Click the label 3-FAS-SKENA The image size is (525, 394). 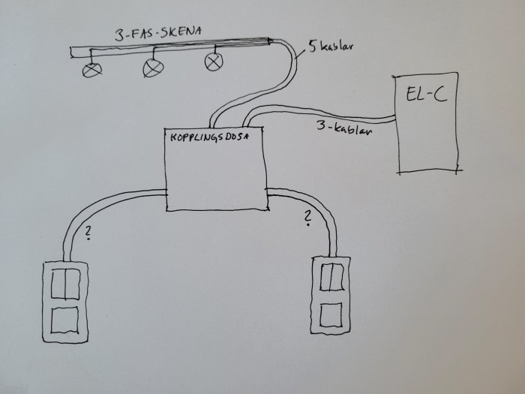coord(158,34)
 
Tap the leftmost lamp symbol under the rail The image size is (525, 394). coord(92,70)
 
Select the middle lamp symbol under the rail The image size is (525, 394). coord(153,68)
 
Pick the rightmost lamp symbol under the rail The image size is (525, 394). coord(214,62)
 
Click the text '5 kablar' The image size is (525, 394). coord(331,47)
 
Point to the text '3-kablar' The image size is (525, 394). coord(344,128)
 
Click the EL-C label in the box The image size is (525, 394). coord(427,94)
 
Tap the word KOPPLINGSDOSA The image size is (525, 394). coord(210,137)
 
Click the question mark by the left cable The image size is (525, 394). coord(88,233)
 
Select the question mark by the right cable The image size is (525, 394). coord(307,218)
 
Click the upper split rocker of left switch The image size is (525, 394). coord(66,284)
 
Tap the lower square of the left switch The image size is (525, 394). coord(65,320)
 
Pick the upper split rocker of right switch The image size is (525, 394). coord(331,277)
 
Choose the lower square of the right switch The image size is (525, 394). coord(331,315)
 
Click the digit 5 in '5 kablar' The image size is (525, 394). coord(313,47)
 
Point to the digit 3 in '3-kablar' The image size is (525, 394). coord(322,125)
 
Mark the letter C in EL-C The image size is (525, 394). coord(440,95)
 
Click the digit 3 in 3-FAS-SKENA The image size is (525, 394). coord(119,35)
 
